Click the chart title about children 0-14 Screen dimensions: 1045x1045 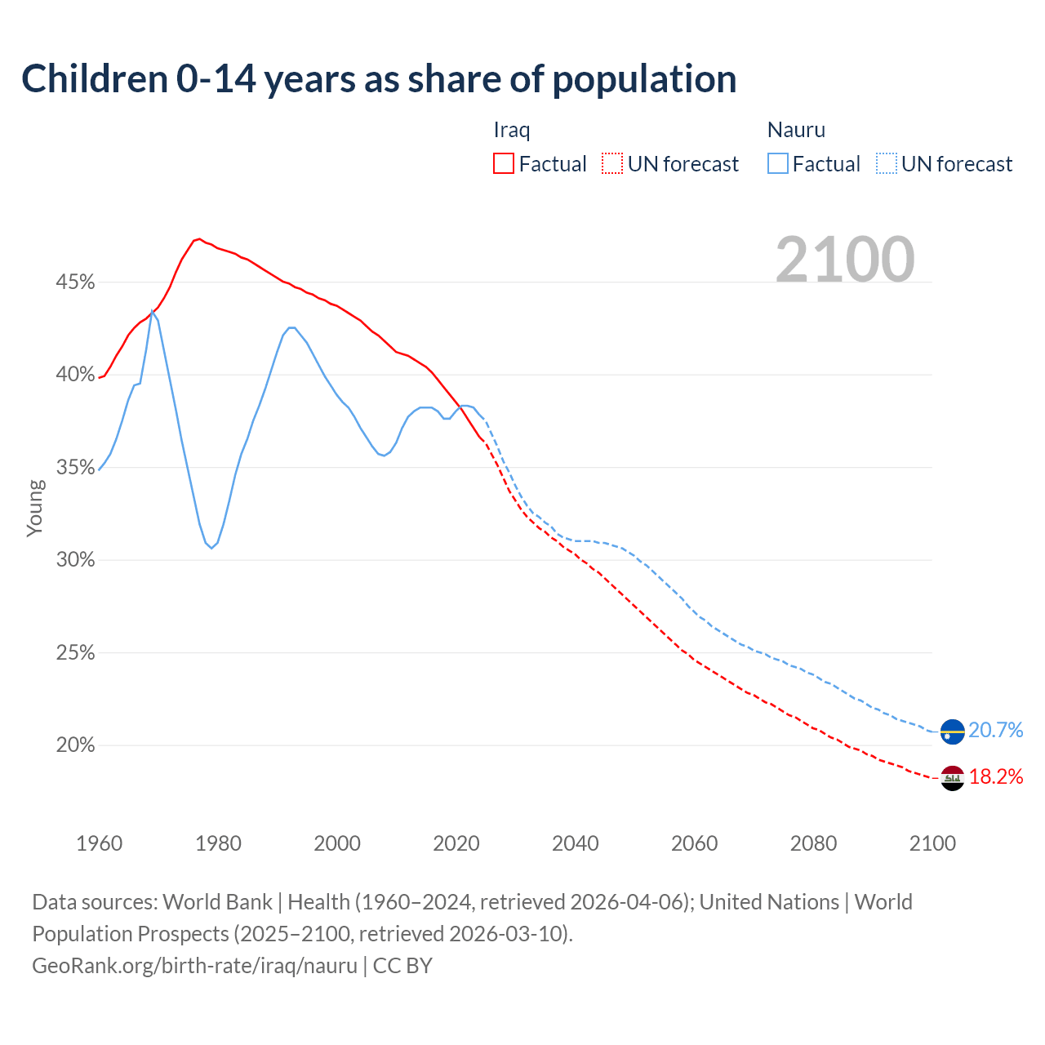[379, 79]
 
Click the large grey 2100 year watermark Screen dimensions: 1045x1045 [844, 260]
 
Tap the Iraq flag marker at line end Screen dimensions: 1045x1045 [952, 778]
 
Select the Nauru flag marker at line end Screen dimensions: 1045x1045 [952, 731]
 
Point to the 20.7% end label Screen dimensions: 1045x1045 [995, 730]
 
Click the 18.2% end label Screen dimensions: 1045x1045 [995, 776]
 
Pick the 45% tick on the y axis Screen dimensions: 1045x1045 [75, 282]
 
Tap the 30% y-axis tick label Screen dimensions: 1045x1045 [75, 560]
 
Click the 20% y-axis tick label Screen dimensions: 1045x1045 [75, 745]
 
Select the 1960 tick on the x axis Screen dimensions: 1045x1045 [99, 843]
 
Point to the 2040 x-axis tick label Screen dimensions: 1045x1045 [575, 843]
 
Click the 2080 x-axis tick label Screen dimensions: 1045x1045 [813, 843]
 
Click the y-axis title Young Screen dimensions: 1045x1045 [35, 508]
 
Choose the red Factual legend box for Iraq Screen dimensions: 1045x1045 [504, 164]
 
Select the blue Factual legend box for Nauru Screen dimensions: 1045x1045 [777, 164]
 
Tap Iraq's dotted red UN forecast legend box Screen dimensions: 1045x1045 [612, 164]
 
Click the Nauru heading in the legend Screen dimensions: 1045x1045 [796, 130]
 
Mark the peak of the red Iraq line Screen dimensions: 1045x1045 [199, 239]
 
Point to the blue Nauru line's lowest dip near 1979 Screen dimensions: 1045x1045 [211, 548]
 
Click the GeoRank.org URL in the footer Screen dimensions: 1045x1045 [194, 966]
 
